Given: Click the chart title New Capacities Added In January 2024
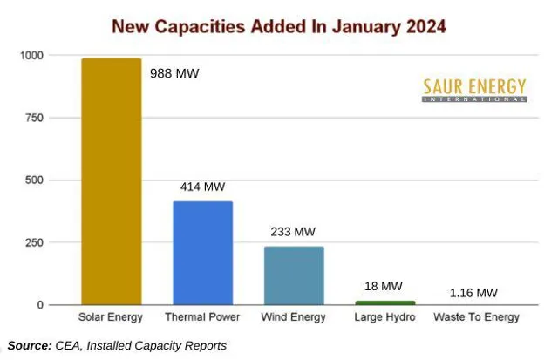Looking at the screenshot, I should [278, 26].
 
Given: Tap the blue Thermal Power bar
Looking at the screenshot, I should [202, 253].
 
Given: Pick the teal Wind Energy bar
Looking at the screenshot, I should [294, 275].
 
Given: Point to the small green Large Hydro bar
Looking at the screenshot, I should [385, 302].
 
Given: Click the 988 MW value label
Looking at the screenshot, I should [175, 73].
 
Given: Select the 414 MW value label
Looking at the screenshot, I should [202, 187].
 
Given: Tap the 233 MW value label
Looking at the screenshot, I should [293, 232].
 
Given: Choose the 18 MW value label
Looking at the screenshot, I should [385, 286].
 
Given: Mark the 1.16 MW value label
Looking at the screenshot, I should [474, 292].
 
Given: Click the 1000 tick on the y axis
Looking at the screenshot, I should [31, 55].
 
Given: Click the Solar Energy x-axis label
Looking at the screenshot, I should [111, 317].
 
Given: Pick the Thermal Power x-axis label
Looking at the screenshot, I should [202, 317].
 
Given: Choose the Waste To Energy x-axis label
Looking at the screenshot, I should [476, 317].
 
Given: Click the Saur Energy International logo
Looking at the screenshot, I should [474, 90].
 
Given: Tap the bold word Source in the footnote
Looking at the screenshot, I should [29, 346].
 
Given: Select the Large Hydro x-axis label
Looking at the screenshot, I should [384, 317].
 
